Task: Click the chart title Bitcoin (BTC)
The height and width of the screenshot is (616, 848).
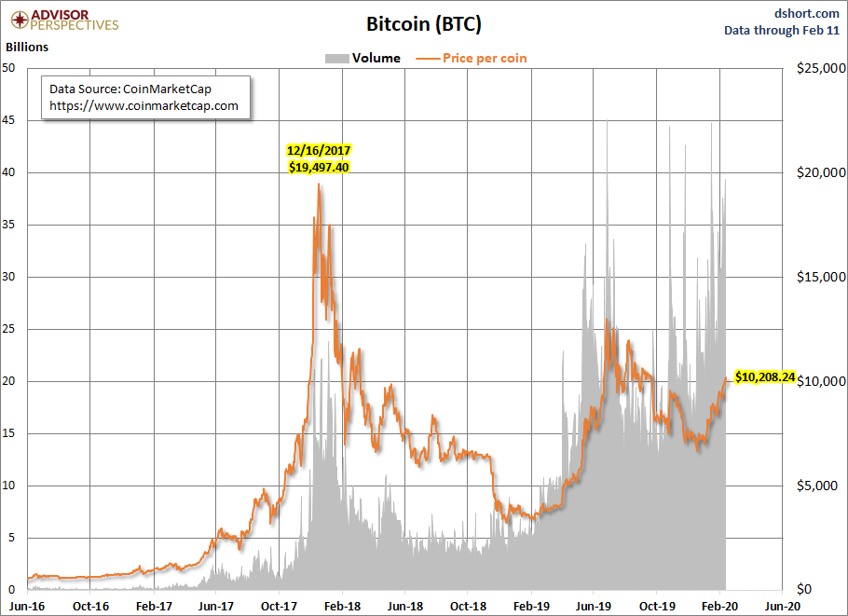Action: pos(423,23)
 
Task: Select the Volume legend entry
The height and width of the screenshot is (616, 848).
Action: pos(362,58)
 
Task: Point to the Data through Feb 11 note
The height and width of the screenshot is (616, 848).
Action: pos(782,30)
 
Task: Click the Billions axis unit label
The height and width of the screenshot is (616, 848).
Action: pos(27,46)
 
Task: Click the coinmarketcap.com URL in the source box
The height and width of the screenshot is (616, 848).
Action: pos(144,105)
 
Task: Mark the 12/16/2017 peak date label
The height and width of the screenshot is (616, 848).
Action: pos(318,150)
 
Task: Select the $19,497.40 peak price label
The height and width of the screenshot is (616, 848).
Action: pos(318,167)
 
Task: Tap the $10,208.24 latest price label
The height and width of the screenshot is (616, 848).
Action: pos(764,377)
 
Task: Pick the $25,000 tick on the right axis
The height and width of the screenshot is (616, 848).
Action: pos(817,68)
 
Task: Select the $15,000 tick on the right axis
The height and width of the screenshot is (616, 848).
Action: pos(817,277)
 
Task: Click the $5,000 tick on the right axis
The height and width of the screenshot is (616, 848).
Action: pos(819,486)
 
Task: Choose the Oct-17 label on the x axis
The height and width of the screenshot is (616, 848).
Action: pos(279,604)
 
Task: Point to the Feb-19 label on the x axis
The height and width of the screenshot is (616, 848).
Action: pos(530,604)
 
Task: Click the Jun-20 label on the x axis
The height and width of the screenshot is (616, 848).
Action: pos(781,604)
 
